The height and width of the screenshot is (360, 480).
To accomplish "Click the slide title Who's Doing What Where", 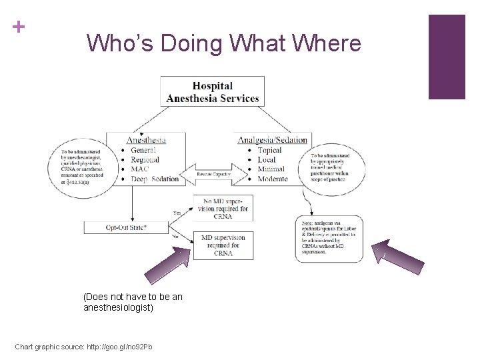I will tap(223, 44).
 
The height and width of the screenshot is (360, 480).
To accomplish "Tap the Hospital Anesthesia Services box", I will tap(213, 91).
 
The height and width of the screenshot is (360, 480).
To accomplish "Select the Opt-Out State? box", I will tap(127, 227).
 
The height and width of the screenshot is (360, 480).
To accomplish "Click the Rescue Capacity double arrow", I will tap(213, 174).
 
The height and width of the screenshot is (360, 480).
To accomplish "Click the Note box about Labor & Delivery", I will tap(328, 239).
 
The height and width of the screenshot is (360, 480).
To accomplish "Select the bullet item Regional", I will tap(145, 159).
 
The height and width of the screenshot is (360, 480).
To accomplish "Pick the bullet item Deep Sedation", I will tap(155, 179).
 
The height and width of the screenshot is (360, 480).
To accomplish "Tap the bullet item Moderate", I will tap(273, 179).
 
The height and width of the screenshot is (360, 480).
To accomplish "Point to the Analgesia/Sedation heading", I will tap(273, 140).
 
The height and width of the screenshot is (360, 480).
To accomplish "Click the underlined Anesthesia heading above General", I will tap(146, 140).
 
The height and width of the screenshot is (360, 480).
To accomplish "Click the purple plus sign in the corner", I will tap(18, 27).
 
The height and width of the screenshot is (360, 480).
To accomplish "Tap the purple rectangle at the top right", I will tap(446, 57).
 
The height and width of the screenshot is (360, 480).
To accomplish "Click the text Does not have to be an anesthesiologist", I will tap(133, 301).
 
